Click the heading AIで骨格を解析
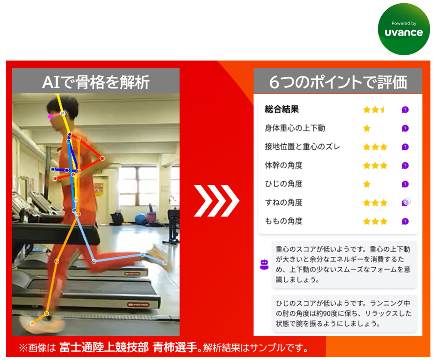96,82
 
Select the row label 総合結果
281,110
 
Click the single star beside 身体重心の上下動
367,128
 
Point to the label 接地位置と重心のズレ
302,147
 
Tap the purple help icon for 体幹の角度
405,166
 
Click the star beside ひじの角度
367,184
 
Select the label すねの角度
283,203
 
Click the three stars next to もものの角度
375,222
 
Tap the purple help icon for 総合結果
405,110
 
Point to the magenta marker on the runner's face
50,117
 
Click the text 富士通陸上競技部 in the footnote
104,348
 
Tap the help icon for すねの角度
405,203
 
